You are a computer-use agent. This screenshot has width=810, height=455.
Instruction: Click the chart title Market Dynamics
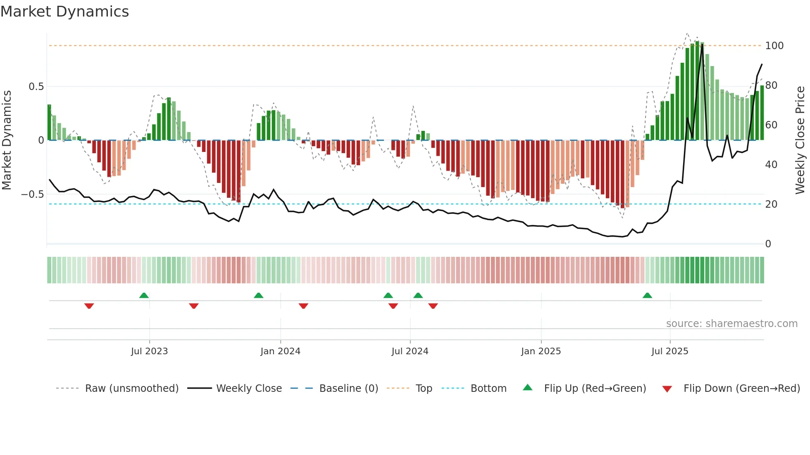[x=64, y=12]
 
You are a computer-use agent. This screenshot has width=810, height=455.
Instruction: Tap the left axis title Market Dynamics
[x=7, y=140]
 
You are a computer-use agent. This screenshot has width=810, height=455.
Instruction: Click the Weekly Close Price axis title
[x=800, y=140]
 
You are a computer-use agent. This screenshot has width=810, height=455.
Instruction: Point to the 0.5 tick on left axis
[x=36, y=86]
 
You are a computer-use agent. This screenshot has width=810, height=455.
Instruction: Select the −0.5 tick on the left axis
[x=33, y=194]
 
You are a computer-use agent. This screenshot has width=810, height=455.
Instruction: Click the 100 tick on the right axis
[x=774, y=45]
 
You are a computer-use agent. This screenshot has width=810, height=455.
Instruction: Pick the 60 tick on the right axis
[x=771, y=125]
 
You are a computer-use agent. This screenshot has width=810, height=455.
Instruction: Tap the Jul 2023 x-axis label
[x=149, y=351]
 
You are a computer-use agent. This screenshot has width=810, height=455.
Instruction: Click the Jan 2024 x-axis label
[x=280, y=351]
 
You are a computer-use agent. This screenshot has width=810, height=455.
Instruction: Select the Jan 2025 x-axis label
[x=541, y=351]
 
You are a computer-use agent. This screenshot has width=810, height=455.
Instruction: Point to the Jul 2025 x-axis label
[x=669, y=351]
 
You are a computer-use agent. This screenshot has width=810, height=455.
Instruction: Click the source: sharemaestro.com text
[x=731, y=324]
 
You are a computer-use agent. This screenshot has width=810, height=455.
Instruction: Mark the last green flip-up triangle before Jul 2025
[x=647, y=296]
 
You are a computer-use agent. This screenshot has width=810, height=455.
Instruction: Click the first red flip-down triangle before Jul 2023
[x=89, y=306]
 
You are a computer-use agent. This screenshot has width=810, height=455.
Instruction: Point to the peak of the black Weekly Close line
[x=702, y=44]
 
